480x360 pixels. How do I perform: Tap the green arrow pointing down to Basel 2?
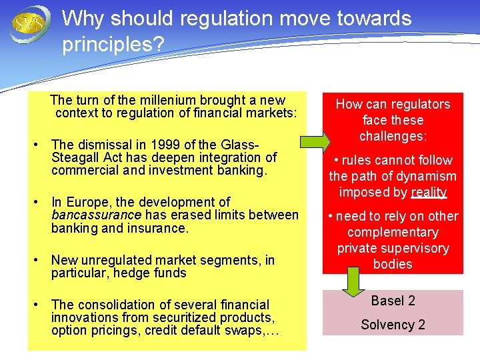tap(354, 283)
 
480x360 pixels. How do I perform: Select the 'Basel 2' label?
tap(393, 301)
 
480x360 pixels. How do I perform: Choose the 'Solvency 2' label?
tap(393, 325)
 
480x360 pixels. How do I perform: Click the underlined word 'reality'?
tap(429, 193)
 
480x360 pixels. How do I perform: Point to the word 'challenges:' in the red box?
tap(393, 136)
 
